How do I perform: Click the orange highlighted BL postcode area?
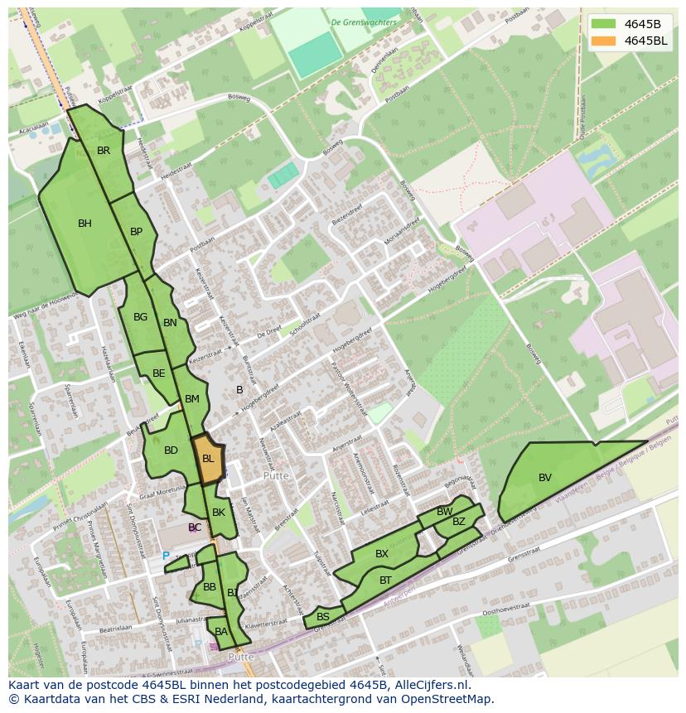(208, 459)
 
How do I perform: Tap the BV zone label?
(545, 477)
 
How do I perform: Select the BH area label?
(85, 223)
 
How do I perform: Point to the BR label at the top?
(104, 151)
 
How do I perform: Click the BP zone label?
(137, 232)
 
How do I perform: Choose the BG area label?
(140, 317)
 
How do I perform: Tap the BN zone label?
(170, 323)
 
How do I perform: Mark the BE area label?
(158, 373)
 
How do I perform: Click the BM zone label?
(192, 399)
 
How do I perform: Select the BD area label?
(171, 450)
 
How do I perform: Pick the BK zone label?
(219, 513)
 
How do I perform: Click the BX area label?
(382, 553)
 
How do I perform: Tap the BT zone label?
(385, 581)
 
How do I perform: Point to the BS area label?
(323, 617)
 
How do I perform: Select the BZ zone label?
(459, 521)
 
